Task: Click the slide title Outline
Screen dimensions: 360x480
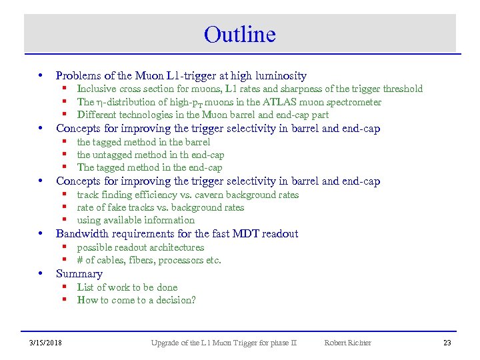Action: [240, 34]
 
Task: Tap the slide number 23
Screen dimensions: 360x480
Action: [447, 343]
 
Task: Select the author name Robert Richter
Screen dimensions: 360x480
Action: [347, 343]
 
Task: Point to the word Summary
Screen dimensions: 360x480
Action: [79, 274]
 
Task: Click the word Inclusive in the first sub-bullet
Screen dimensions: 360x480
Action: [97, 89]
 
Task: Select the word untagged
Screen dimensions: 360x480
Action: [117, 155]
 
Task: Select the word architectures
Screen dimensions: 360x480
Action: [177, 247]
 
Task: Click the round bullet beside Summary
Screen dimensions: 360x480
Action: [41, 273]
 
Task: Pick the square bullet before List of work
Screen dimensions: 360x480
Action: [67, 287]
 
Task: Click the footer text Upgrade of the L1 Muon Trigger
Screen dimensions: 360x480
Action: [223, 343]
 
